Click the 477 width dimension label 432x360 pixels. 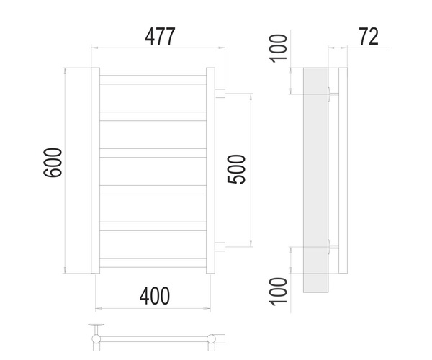pos(160,37)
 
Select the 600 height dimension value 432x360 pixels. pos(53,163)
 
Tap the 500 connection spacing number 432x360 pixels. pos(236,169)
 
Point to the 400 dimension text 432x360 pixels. pos(155,296)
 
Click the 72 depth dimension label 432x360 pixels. pos(369,36)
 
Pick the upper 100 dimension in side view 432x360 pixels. pos(278,48)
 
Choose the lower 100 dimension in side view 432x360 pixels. pos(278,292)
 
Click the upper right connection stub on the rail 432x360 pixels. pos(220,94)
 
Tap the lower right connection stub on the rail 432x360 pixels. pos(220,247)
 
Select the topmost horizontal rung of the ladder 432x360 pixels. pos(153,80)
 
